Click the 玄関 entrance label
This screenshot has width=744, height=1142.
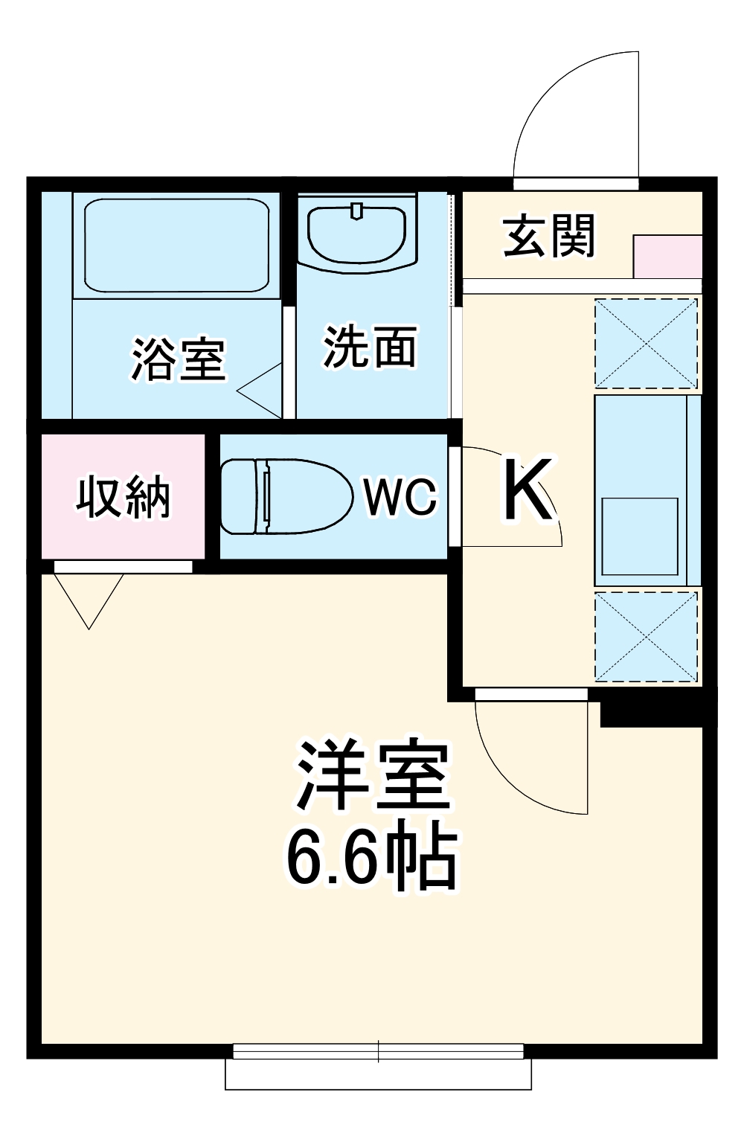tap(549, 237)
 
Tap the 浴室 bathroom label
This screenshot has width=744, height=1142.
tap(179, 359)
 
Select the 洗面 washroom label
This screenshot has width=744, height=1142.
tap(370, 347)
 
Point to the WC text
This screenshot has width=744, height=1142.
tap(400, 496)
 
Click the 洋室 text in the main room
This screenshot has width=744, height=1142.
tap(373, 776)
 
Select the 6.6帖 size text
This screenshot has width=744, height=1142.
tap(371, 855)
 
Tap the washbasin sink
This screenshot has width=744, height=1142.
tap(356, 232)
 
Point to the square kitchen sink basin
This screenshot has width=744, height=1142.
tap(640, 536)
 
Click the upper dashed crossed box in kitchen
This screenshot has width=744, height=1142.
tap(647, 343)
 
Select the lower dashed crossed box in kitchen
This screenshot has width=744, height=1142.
tap(647, 635)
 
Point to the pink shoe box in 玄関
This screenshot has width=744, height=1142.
tap(667, 256)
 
